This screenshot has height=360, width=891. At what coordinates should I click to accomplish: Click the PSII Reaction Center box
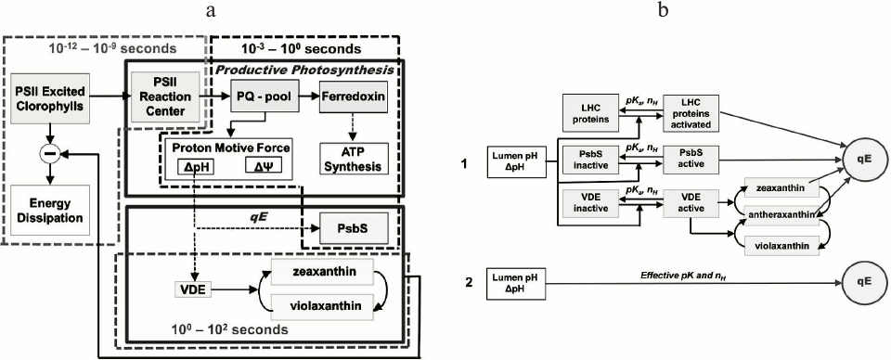167,95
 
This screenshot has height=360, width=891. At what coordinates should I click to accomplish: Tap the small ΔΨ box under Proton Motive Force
268,167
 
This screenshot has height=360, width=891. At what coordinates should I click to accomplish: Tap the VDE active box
691,204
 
